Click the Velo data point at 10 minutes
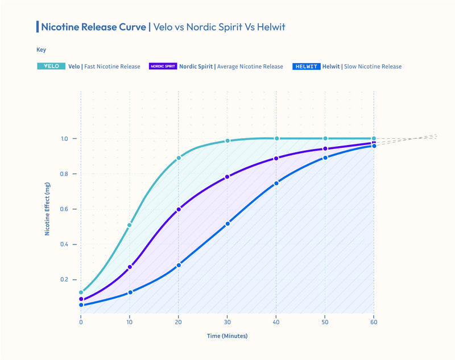coord(130,225)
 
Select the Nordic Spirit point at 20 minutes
coord(179,209)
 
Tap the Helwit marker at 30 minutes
coord(227,224)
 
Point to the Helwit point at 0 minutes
coord(81,305)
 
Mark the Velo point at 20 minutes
coord(179,158)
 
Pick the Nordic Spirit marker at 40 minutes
coord(276,158)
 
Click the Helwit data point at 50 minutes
coord(325,158)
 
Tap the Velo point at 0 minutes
coord(81,292)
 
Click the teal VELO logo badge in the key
coord(51,67)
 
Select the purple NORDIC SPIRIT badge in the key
coord(162,67)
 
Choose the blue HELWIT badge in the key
coord(306,67)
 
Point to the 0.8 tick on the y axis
coord(64,174)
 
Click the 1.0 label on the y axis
coord(64,139)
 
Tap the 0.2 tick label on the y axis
coord(64,280)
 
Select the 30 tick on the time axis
coord(227,322)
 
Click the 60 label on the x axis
coord(374,322)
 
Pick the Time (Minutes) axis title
coord(227,336)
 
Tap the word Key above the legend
coord(41,49)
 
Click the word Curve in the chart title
coord(130,27)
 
